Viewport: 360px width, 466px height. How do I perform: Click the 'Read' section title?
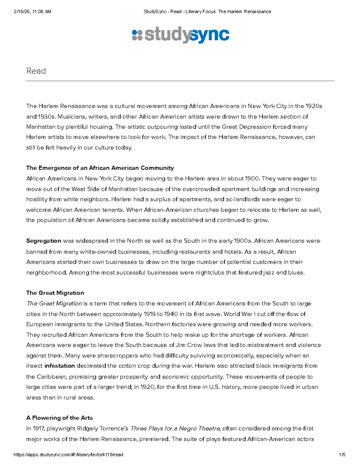pos(36,71)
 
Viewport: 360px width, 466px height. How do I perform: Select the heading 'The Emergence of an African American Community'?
pos(100,168)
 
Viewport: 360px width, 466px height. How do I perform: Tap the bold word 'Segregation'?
pos(43,241)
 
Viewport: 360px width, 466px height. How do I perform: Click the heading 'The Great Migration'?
pos(55,293)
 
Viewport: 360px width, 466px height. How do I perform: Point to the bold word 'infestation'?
pos(59,366)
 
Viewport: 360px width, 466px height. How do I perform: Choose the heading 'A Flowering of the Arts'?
pos(59,418)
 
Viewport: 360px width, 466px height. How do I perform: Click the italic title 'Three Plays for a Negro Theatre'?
pos(175,428)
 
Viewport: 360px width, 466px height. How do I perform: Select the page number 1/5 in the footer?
pos(342,455)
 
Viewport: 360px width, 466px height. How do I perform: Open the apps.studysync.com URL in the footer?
pos(68,455)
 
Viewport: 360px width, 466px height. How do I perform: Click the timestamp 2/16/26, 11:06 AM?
pos(32,12)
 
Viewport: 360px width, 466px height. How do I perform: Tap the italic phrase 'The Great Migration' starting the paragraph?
pos(54,303)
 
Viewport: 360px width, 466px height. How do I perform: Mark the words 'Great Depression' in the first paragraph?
pos(246,127)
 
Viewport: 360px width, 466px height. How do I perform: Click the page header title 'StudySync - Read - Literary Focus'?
pos(207,12)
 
